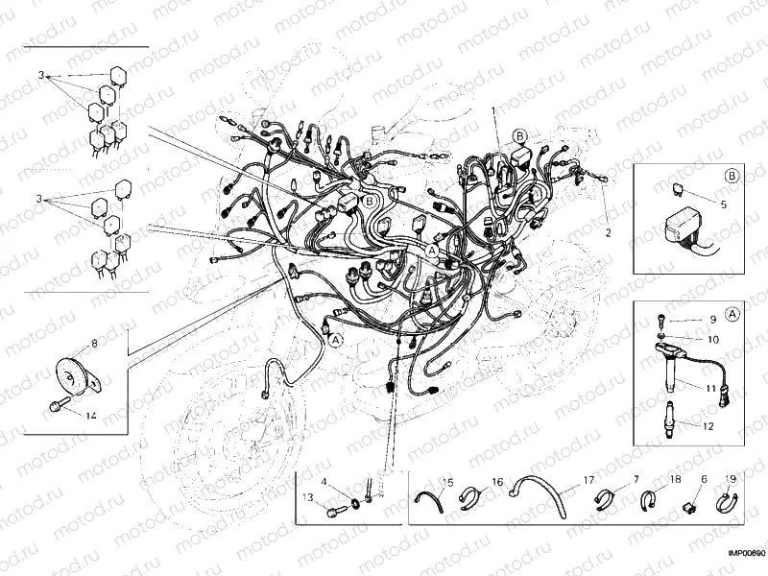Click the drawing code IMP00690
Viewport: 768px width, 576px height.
tap(745, 554)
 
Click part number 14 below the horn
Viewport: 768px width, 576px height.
tap(91, 416)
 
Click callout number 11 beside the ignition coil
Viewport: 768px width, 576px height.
tap(711, 389)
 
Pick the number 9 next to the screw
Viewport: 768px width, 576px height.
tap(713, 319)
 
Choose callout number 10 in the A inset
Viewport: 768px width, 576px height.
tap(712, 339)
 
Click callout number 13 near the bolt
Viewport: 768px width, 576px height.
tap(307, 497)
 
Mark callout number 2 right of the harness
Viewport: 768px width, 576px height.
tap(607, 233)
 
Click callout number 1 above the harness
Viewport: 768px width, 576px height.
tap(494, 111)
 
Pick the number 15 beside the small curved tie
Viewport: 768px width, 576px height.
tap(447, 481)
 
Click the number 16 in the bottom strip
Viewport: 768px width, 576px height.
tap(497, 480)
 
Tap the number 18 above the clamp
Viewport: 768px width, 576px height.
tap(675, 478)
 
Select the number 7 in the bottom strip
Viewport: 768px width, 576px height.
tap(636, 478)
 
